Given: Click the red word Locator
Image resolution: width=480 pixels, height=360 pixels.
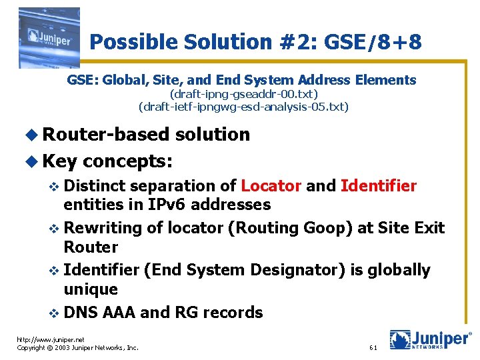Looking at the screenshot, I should point(271,185).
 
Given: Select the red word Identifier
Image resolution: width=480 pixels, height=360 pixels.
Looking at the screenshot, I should point(378,185).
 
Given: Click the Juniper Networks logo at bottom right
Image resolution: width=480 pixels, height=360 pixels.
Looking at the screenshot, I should point(430,339).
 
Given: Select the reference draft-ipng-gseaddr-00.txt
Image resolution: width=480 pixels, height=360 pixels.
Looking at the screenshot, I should point(244,94).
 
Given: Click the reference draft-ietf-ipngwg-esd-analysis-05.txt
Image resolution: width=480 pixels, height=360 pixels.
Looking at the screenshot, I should point(243,107).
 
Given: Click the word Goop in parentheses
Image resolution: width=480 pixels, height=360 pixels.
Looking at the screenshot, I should point(327,228).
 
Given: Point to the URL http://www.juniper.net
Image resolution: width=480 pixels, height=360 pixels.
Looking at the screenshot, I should point(51,339).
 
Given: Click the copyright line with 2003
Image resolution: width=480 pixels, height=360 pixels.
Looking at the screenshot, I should point(77,348).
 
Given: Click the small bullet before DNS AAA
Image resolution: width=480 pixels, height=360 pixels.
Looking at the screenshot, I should point(55,313).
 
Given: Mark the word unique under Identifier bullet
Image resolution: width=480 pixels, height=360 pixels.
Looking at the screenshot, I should point(91,289).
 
